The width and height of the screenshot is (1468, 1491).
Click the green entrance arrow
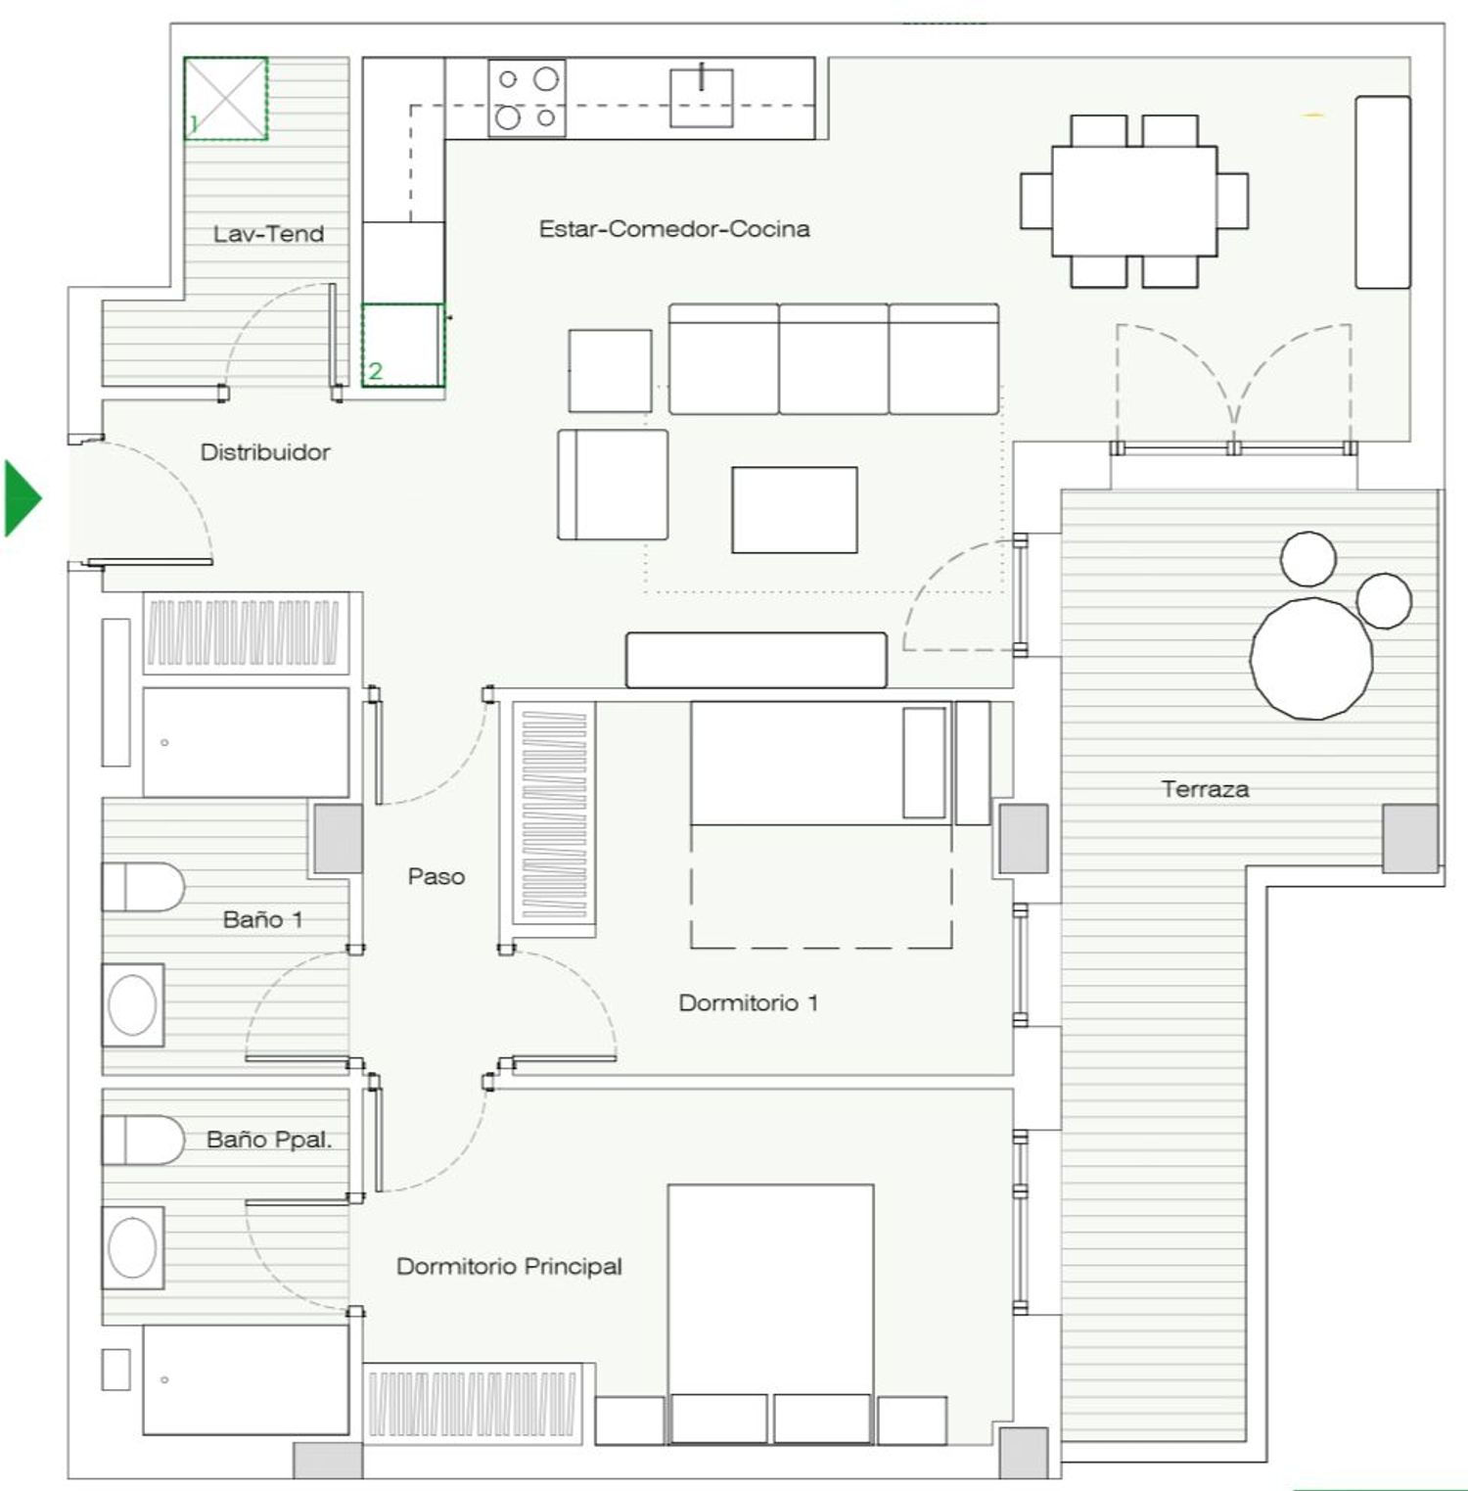(x=22, y=498)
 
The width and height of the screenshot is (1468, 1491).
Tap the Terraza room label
(x=1205, y=789)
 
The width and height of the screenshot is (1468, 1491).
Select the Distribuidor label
(x=265, y=452)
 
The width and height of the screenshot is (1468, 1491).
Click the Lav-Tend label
(x=268, y=234)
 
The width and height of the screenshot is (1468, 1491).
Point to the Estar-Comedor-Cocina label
(x=674, y=229)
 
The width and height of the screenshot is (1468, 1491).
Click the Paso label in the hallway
(x=436, y=876)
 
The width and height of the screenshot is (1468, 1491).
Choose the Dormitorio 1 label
(x=749, y=1002)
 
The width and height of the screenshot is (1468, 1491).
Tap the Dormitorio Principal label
(x=509, y=1267)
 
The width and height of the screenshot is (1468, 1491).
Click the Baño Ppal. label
(x=269, y=1140)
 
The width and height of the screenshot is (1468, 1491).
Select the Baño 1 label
(x=263, y=919)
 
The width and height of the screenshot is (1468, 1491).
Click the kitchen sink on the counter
(x=702, y=97)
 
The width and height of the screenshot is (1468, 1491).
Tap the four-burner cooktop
(x=528, y=98)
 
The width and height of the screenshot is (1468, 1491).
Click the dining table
(x=1134, y=201)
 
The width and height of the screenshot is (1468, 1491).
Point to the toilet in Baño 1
(x=143, y=887)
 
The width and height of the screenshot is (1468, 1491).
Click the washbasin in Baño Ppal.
(x=133, y=1247)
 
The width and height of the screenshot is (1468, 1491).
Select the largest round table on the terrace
(x=1311, y=658)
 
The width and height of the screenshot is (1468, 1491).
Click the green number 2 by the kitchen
(x=375, y=371)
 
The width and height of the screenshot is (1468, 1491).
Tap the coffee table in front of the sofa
(x=795, y=510)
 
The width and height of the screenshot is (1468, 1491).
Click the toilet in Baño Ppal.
(x=143, y=1140)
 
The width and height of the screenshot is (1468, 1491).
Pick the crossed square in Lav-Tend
(x=226, y=98)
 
